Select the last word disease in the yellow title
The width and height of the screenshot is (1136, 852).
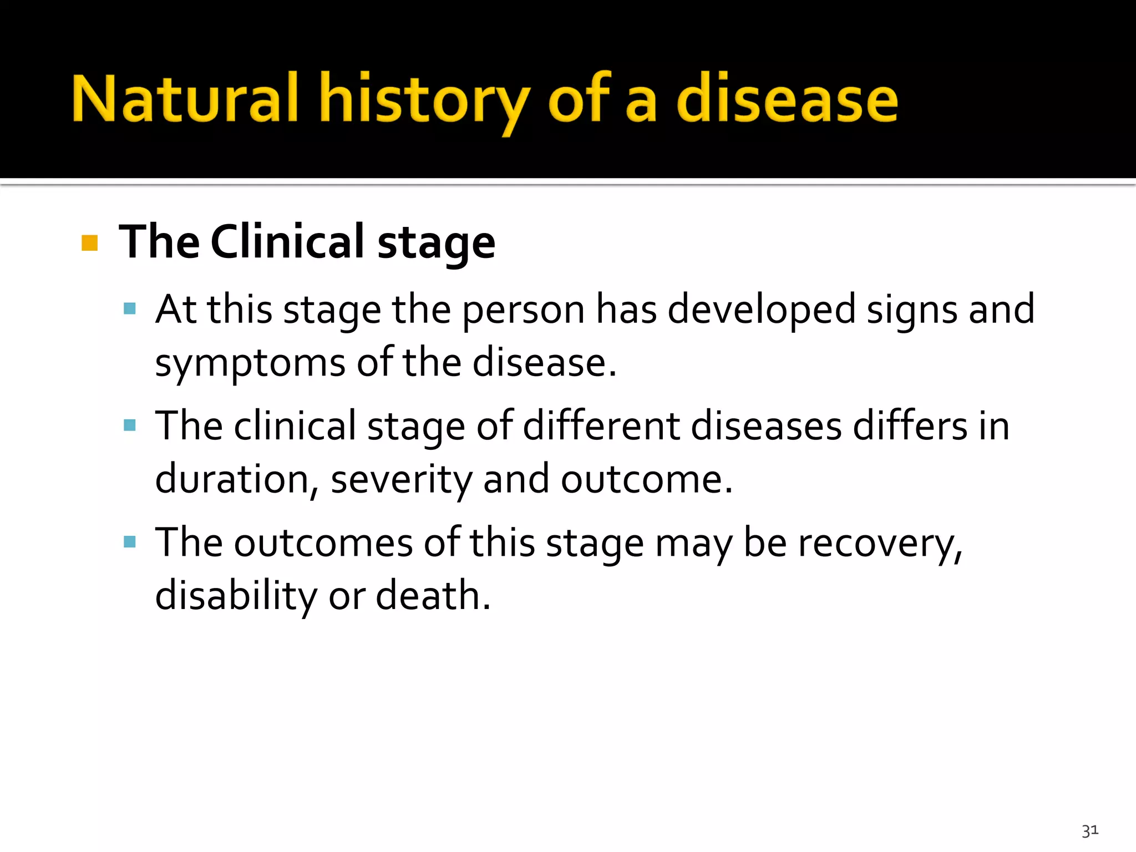(787, 100)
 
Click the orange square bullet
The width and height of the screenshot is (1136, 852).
(89, 243)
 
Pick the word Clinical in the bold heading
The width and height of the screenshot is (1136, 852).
(287, 242)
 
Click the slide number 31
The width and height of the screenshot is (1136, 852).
(1089, 830)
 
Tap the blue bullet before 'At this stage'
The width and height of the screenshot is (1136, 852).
(130, 308)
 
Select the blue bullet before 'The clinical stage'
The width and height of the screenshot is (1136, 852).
(130, 425)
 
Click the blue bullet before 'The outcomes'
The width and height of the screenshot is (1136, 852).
(130, 542)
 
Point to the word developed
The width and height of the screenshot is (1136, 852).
(762, 310)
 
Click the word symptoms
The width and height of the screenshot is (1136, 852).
(250, 364)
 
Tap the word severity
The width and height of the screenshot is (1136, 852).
(401, 479)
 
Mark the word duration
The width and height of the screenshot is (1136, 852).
(232, 479)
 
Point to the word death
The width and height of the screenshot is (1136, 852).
(433, 596)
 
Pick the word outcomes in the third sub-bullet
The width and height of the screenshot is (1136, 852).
(323, 542)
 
